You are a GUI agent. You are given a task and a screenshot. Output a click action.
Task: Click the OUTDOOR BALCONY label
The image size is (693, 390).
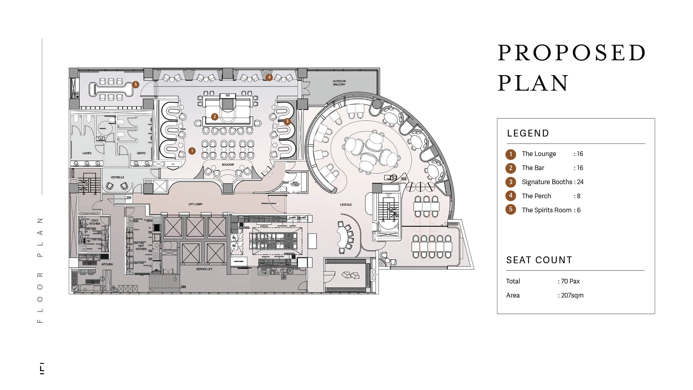coord(339,83)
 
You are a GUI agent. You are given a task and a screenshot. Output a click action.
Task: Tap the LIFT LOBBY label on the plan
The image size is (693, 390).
coord(195,204)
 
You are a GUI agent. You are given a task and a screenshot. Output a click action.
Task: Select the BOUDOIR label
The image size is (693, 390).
coord(228,165)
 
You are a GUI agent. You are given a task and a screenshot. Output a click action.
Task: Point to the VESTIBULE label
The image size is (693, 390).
coord(117,177)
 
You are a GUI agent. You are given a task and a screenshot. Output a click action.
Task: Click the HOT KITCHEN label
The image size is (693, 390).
coord(141,247)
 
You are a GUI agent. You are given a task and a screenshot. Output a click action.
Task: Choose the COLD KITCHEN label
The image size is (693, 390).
coord(95,222)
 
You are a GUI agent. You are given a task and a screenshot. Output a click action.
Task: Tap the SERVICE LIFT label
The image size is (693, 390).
coord(204,269)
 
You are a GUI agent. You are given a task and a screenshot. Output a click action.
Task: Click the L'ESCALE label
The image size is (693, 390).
coord(346,205)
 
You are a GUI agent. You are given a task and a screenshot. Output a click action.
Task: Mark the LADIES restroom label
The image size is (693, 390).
coord(87,153)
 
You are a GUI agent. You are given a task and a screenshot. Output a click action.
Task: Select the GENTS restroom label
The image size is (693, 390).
coord(141,153)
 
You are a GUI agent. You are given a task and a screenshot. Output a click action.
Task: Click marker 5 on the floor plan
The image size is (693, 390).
coord(136,84)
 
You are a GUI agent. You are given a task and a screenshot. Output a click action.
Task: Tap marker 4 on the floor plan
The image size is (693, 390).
coord(269,77)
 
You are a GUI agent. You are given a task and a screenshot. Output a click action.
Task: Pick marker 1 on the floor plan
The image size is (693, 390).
coord(192,151)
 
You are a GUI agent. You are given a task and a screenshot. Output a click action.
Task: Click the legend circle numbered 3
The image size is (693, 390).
coord(511,182)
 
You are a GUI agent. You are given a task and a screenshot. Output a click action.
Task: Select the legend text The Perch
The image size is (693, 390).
coord(536,196)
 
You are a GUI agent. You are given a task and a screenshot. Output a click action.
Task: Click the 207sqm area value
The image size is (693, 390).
coord(572,295)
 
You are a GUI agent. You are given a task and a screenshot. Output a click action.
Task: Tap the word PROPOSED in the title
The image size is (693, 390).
coord(572,53)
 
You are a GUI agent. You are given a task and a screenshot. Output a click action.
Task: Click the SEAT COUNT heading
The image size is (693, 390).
coord(539,260)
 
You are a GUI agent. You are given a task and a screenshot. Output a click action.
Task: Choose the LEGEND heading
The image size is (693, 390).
coord(528,133)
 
